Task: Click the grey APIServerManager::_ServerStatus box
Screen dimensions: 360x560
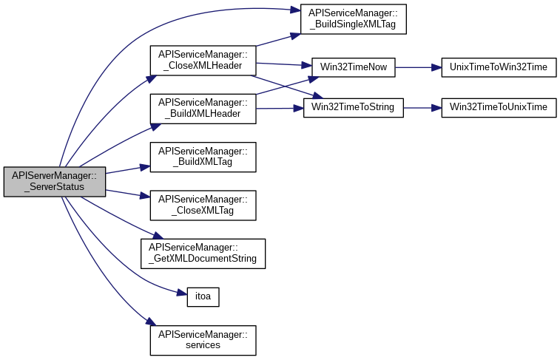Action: (54, 182)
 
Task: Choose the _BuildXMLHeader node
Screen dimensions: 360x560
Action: (203, 108)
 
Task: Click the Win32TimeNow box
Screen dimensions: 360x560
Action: (354, 67)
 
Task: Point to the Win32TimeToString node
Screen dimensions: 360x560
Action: (354, 107)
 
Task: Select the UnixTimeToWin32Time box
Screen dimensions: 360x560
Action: (498, 67)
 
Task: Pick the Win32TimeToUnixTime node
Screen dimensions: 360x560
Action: (498, 107)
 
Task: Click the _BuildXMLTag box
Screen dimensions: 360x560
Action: (203, 156)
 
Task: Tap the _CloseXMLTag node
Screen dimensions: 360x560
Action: (203, 204)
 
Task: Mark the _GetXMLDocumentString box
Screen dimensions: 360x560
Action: (203, 253)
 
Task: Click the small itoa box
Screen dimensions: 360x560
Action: (203, 296)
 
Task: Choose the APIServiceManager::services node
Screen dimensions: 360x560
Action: (203, 339)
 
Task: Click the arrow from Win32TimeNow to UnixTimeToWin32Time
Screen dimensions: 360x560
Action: (418, 67)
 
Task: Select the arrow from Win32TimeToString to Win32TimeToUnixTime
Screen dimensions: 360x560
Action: (422, 107)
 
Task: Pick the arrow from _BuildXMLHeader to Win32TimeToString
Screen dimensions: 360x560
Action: (279, 108)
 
